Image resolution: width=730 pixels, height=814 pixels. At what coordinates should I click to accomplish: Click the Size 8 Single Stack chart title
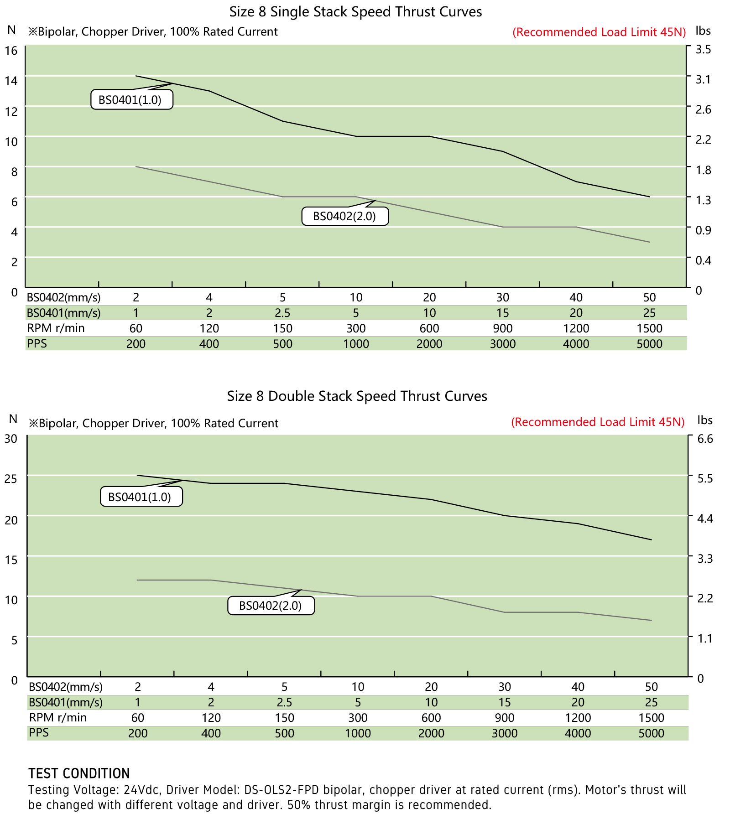355,12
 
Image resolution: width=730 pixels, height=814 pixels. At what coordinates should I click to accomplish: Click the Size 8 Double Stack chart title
357,396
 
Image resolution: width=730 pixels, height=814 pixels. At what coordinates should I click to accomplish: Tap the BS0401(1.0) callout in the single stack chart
132,99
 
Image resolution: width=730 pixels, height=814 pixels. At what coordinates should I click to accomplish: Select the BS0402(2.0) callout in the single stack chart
345,216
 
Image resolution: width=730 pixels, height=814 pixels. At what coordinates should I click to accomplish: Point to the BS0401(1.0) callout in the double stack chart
141,497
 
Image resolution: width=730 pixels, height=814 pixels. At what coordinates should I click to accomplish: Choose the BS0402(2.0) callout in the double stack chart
271,606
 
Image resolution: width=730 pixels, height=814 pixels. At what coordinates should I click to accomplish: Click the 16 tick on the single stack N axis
11,50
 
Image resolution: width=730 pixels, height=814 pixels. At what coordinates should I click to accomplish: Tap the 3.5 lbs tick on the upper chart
703,49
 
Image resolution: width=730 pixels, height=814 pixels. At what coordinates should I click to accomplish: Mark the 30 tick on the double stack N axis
11,439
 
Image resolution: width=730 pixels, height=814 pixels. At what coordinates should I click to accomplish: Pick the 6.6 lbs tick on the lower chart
705,439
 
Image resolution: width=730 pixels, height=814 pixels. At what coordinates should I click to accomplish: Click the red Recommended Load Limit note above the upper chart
599,32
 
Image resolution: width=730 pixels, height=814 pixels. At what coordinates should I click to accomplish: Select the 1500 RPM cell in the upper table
649,328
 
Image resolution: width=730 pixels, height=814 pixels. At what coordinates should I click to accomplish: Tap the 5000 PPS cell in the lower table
651,733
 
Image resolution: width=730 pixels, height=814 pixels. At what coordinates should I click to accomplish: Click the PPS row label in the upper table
37,343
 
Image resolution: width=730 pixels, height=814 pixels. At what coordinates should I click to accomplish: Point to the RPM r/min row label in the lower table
58,717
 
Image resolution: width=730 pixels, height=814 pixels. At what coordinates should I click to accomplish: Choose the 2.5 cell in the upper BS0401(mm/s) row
282,313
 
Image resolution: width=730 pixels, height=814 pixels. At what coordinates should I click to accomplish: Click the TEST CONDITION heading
79,773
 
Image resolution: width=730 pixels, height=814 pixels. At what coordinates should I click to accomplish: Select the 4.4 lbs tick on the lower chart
705,518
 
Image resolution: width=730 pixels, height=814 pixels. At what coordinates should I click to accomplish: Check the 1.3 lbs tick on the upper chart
703,200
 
